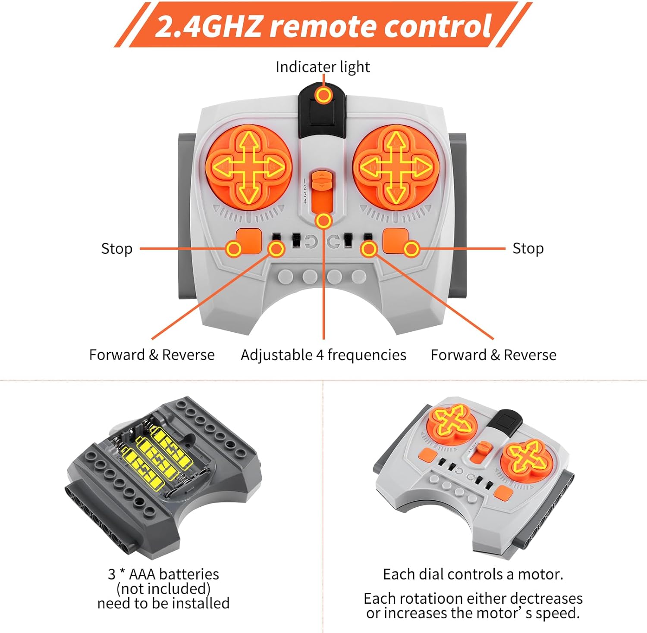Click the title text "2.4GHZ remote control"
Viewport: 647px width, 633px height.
coord(323,26)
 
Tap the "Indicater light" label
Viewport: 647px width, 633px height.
coord(323,67)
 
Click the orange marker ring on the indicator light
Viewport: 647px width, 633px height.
coord(323,95)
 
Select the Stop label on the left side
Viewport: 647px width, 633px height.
coord(116,249)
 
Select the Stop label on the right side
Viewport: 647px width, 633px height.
coord(528,249)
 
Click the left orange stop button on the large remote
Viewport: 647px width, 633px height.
coord(249,240)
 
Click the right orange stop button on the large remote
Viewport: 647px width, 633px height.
coord(396,240)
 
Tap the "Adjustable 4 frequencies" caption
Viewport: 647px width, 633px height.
coord(323,355)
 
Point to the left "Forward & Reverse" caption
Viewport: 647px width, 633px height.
coord(152,355)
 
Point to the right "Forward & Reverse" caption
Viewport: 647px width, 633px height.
coord(493,355)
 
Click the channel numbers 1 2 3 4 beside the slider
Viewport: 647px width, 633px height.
coord(305,191)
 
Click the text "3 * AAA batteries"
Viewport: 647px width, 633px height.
coord(163,574)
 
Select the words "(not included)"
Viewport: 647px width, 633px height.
coord(163,589)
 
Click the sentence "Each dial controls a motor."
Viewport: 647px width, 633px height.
coord(473,574)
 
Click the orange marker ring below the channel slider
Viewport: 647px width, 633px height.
coord(323,221)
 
